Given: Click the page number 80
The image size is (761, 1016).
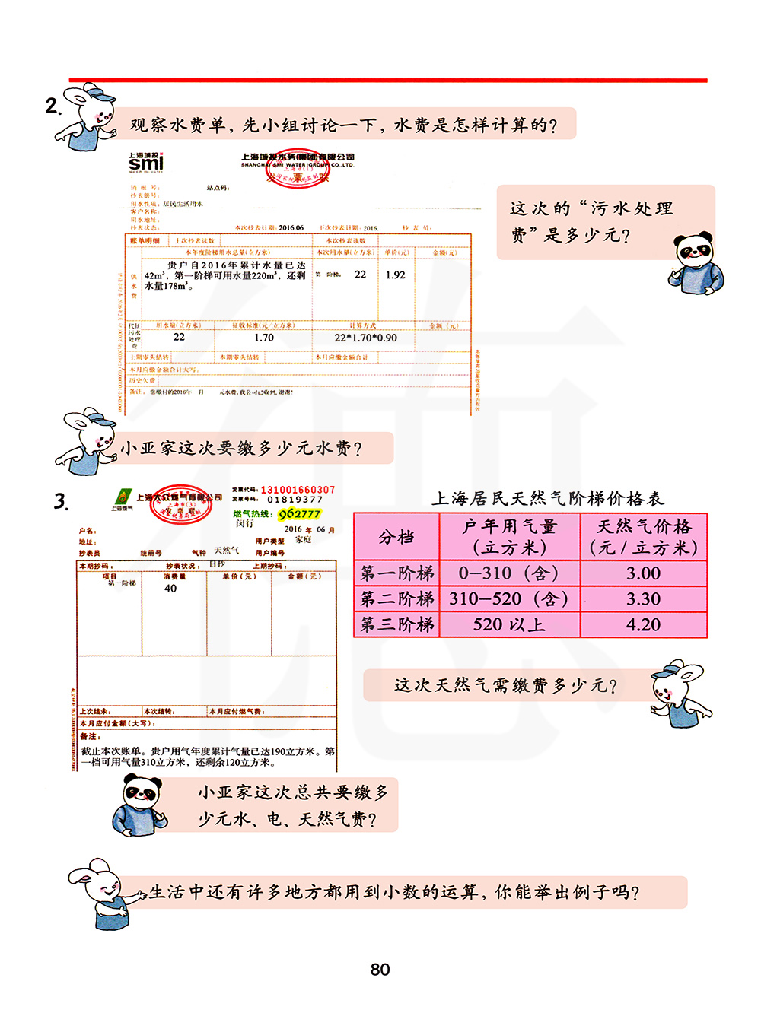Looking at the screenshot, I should click(380, 970).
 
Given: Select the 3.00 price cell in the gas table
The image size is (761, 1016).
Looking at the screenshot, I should click(643, 573).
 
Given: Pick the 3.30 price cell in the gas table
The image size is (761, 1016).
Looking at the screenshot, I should click(643, 599).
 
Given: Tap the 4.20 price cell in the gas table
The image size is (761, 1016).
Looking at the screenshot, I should click(643, 625).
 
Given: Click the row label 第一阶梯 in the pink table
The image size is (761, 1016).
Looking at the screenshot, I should click(396, 573).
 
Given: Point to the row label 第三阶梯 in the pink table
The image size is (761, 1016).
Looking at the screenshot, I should click(396, 625).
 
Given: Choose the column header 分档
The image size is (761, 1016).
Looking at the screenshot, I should click(396, 537).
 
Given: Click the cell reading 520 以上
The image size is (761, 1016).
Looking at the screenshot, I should click(509, 625).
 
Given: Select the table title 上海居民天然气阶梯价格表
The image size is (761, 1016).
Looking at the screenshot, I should click(548, 499).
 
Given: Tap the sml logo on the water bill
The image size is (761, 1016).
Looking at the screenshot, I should click(145, 162).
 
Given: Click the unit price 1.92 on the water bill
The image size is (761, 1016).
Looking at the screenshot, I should click(395, 275).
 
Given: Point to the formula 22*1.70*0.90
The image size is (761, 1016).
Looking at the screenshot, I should click(365, 338).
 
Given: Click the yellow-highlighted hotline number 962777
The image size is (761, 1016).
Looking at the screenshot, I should click(299, 514).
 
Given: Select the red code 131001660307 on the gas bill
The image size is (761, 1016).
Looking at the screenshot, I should click(298, 490).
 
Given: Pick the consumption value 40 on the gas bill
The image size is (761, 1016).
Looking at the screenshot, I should click(170, 588).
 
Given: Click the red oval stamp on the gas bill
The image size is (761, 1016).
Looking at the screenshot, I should click(181, 503).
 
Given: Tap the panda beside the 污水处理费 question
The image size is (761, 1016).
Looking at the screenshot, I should click(696, 262).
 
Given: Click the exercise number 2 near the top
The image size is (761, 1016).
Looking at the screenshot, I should click(52, 106).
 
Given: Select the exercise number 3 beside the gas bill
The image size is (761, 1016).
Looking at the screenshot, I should click(61, 502).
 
